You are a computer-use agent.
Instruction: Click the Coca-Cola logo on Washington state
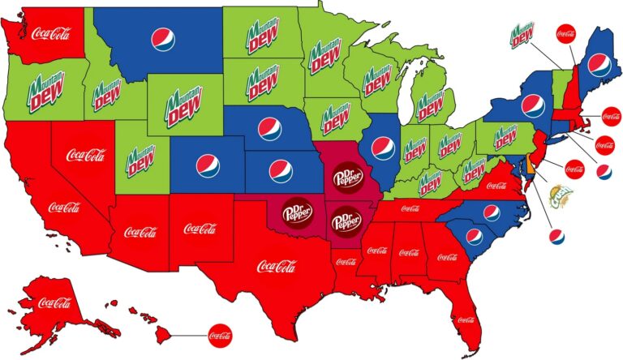[x=50, y=34]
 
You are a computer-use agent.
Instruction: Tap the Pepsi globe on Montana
[x=162, y=38]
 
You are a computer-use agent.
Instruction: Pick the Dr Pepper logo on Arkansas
[x=347, y=219]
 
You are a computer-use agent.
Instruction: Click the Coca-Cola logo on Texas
[x=277, y=266]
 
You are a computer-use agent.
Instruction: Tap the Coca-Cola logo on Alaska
[x=55, y=303]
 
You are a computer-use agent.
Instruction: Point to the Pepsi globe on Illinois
[x=382, y=148]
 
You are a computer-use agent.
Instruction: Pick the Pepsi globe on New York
[x=532, y=105]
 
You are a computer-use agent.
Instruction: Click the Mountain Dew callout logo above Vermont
[x=520, y=36]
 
